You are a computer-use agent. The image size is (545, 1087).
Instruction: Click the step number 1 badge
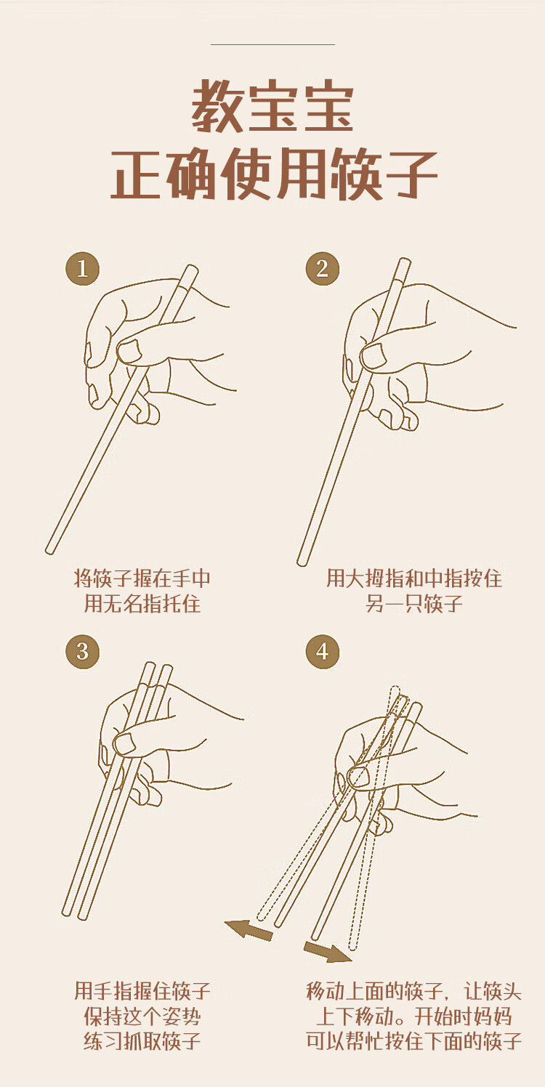coord(83,268)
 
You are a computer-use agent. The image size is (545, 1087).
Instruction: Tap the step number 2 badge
coord(322,268)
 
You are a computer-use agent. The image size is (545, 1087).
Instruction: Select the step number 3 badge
coord(83,652)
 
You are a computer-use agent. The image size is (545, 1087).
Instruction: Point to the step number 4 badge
coord(322,652)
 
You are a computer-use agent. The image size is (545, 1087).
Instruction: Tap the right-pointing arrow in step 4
coord(328,951)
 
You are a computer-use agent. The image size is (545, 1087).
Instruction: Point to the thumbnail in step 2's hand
coord(374,356)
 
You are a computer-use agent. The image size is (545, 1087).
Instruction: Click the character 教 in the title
coord(218,105)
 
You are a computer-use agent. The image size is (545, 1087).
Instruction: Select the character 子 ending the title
coord(410,174)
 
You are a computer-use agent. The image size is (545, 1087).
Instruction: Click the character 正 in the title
coord(137,174)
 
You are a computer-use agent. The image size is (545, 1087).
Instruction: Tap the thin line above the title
coord(272,44)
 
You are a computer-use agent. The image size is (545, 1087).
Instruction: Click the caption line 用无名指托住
coord(142,604)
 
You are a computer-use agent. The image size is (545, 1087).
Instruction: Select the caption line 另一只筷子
coord(414,604)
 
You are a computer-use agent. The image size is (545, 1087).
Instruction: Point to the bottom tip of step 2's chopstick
coord(302,562)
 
